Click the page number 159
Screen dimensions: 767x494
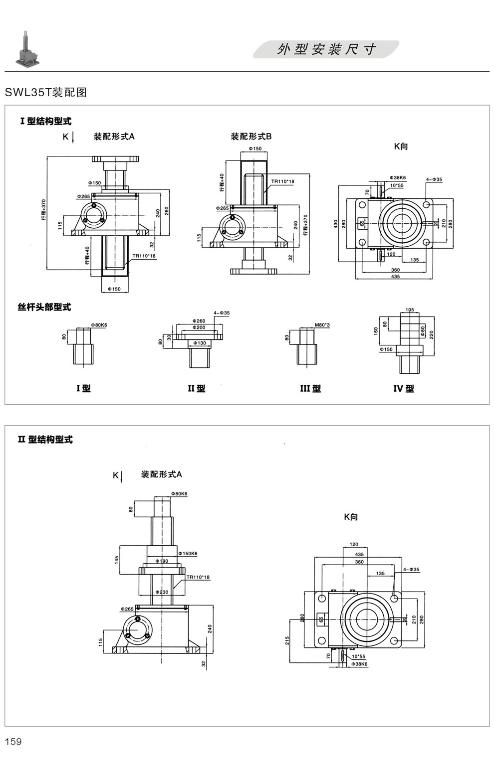click(x=13, y=742)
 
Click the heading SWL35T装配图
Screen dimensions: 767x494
click(x=46, y=93)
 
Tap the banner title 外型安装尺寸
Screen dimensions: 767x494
click(x=327, y=49)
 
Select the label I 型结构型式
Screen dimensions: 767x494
click(x=45, y=121)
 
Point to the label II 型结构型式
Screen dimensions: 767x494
click(x=45, y=440)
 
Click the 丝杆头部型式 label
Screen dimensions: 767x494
click(x=44, y=307)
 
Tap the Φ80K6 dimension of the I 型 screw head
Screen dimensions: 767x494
click(x=99, y=325)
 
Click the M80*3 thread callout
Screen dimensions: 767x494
click(x=322, y=325)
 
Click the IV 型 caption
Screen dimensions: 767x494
click(x=404, y=388)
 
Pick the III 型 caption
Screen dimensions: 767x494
click(x=310, y=388)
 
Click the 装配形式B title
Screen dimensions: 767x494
click(x=251, y=137)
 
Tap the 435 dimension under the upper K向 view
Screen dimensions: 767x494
click(x=395, y=276)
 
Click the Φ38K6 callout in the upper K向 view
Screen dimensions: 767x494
click(x=397, y=178)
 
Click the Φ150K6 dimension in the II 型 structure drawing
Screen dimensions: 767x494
click(x=188, y=554)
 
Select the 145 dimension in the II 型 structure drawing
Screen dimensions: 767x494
click(x=117, y=560)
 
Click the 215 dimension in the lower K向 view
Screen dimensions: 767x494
click(x=287, y=640)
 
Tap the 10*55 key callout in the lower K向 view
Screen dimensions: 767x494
click(x=358, y=657)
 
